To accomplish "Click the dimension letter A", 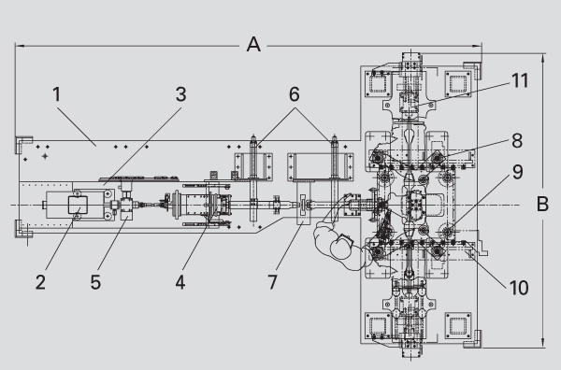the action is tap(253, 45).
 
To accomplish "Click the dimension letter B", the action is tap(542, 204).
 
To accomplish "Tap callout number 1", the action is tap(57, 94).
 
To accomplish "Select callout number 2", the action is tap(40, 282).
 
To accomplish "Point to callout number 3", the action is tap(181, 94).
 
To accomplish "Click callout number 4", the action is tap(180, 282).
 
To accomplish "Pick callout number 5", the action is tap(95, 282).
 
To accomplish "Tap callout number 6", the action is tap(295, 94).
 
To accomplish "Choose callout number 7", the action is tap(273, 282).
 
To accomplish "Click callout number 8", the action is tap(517, 141).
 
